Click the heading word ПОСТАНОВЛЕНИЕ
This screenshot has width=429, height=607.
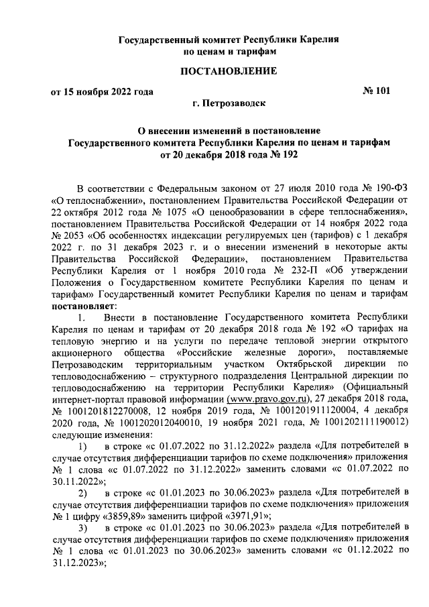pos(227,71)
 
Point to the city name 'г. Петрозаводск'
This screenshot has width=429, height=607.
pos(227,103)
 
